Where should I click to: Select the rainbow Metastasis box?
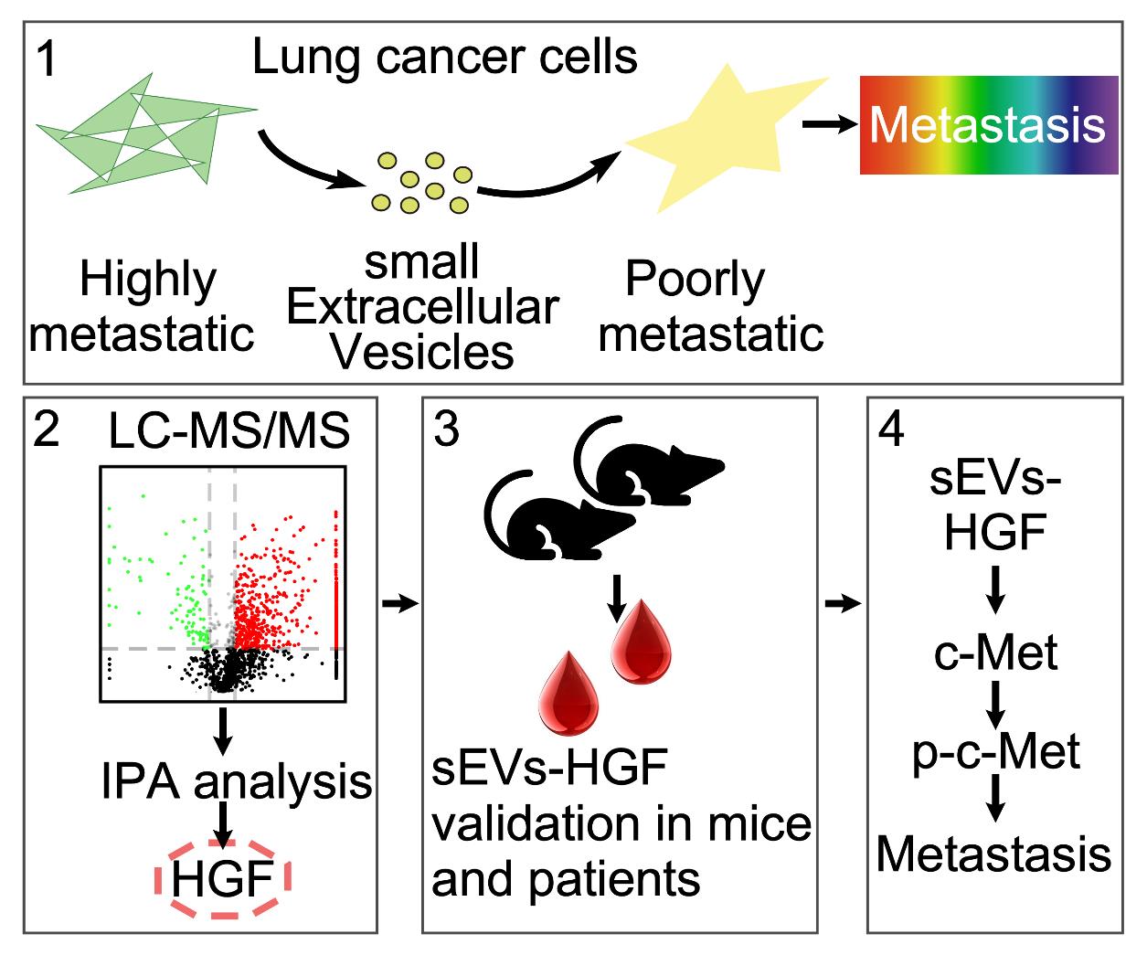coord(988,124)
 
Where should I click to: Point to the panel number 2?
coord(47,430)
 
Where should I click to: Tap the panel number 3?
coord(445,430)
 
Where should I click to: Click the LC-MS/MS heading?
coord(228,432)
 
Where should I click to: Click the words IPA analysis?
coord(237,782)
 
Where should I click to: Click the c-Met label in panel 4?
coord(995,653)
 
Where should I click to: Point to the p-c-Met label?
coord(995,752)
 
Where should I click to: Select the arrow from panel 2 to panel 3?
coord(399,603)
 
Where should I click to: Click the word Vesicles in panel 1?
coord(422,352)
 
